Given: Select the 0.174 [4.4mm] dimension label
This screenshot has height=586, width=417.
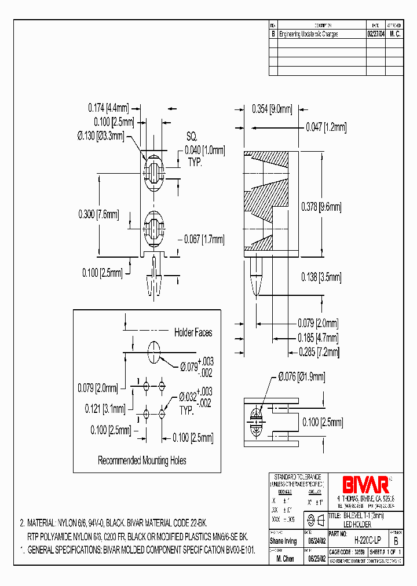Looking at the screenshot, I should [x=108, y=107].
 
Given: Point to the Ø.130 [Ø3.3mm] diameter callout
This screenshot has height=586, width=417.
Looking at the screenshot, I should [x=100, y=136].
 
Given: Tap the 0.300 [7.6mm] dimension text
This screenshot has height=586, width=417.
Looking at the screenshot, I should [x=98, y=214].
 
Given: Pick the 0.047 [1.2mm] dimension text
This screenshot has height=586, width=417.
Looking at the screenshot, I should [x=326, y=127].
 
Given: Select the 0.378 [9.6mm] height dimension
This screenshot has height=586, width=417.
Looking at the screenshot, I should [x=321, y=207].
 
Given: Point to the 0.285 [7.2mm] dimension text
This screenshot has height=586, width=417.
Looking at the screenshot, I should [x=318, y=351].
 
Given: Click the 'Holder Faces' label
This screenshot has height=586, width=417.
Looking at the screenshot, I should [x=193, y=332].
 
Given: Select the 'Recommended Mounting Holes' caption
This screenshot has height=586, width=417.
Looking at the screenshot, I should [x=142, y=460].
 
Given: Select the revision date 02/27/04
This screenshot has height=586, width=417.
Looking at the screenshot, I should [x=375, y=34].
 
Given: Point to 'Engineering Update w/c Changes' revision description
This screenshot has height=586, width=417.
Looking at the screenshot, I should [x=308, y=34].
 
